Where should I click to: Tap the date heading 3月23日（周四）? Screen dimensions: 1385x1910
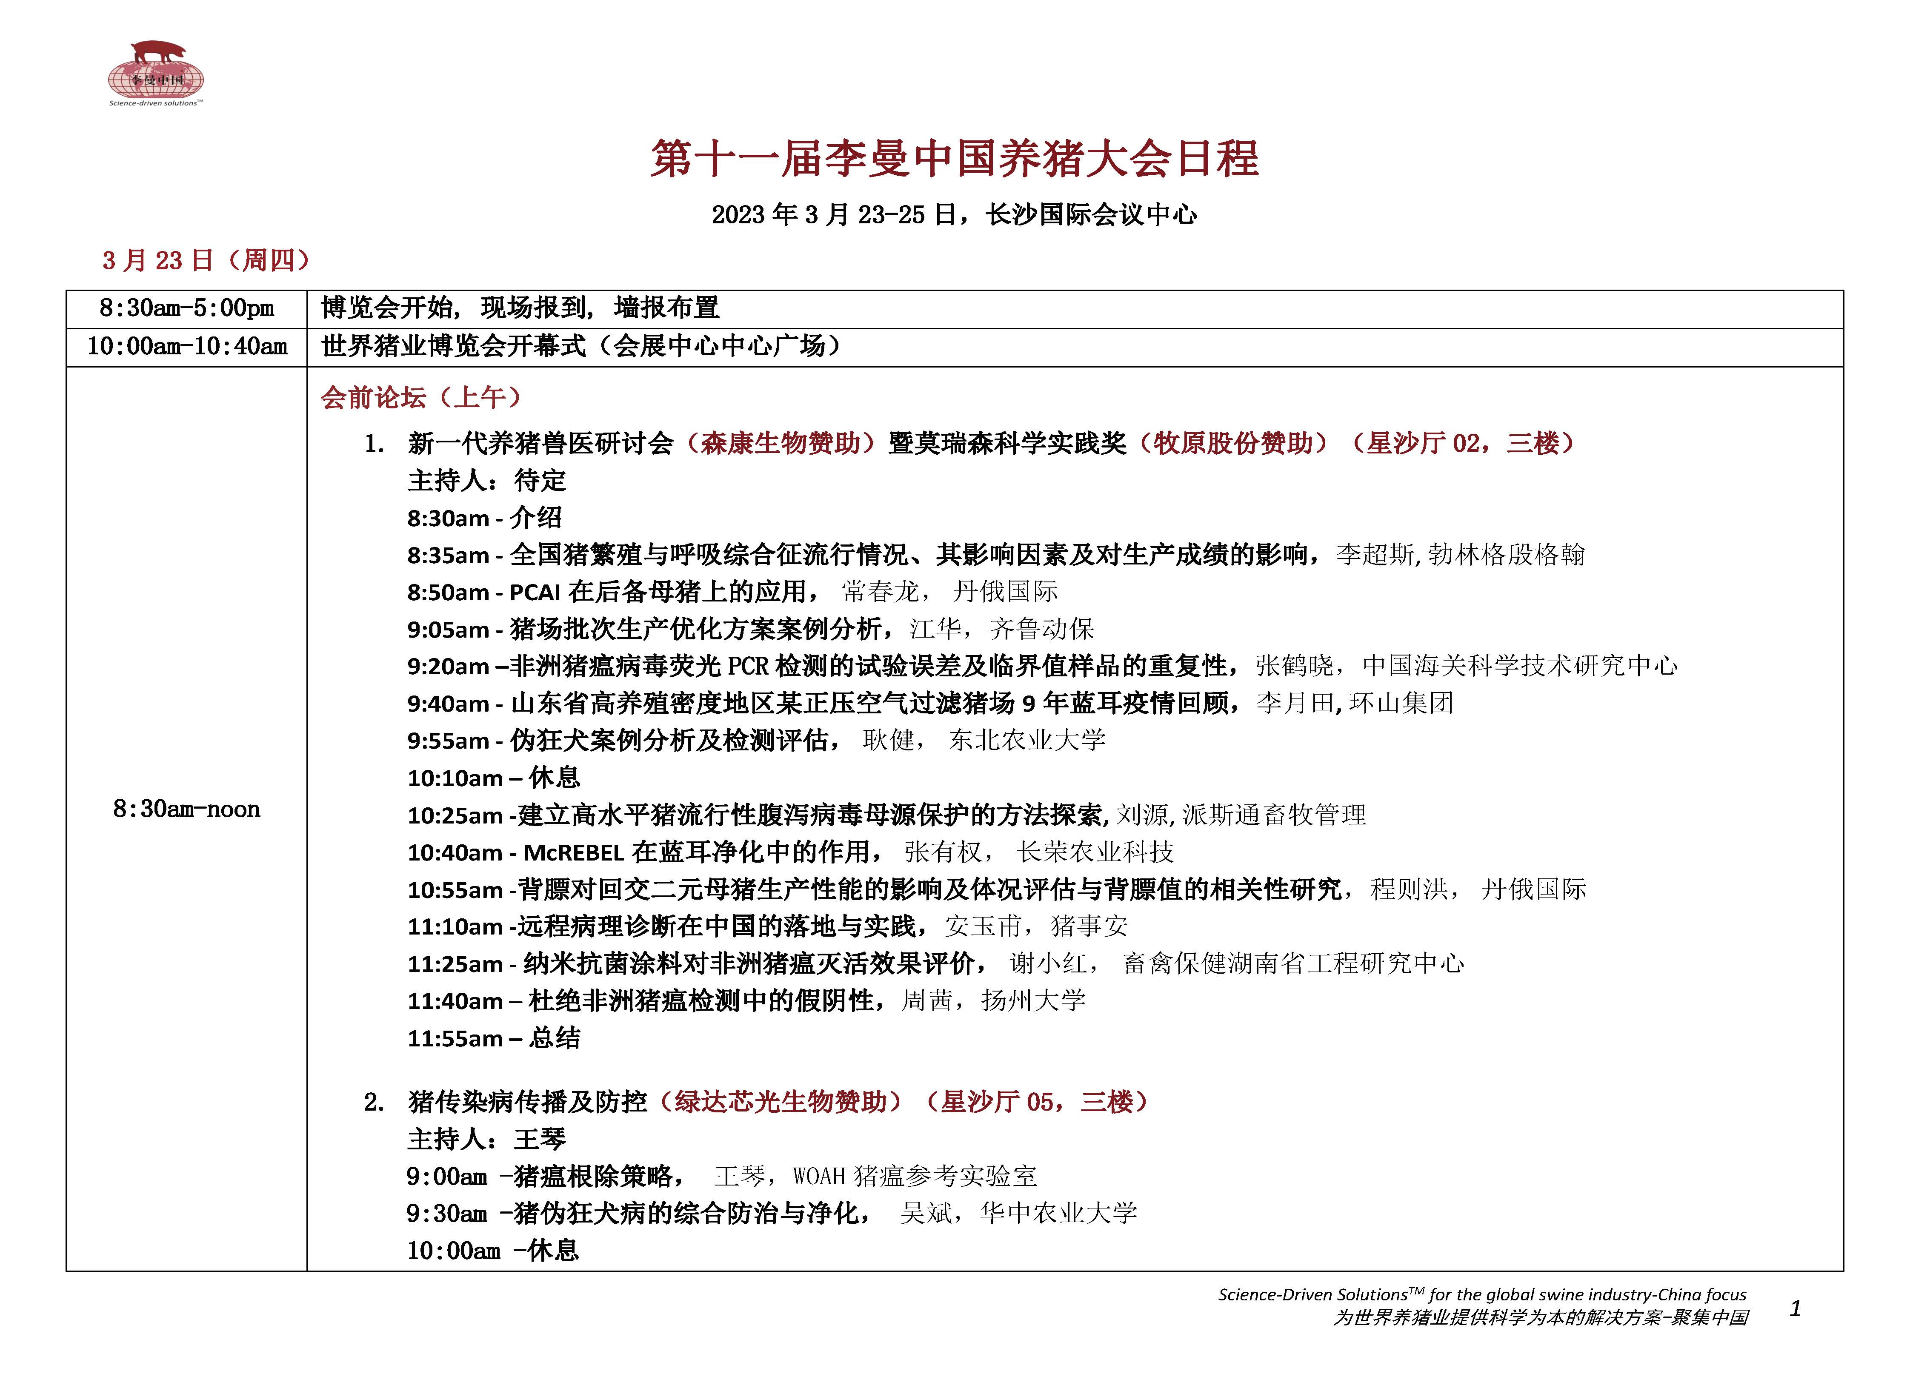pos(206,260)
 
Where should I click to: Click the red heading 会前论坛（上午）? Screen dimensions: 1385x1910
pos(421,397)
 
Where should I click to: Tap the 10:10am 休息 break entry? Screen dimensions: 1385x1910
pos(494,778)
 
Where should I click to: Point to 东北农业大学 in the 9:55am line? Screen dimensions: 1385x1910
pos(1026,741)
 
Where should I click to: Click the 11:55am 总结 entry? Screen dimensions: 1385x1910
pos(494,1038)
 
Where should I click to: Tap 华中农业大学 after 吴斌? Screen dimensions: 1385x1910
pos(1058,1213)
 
